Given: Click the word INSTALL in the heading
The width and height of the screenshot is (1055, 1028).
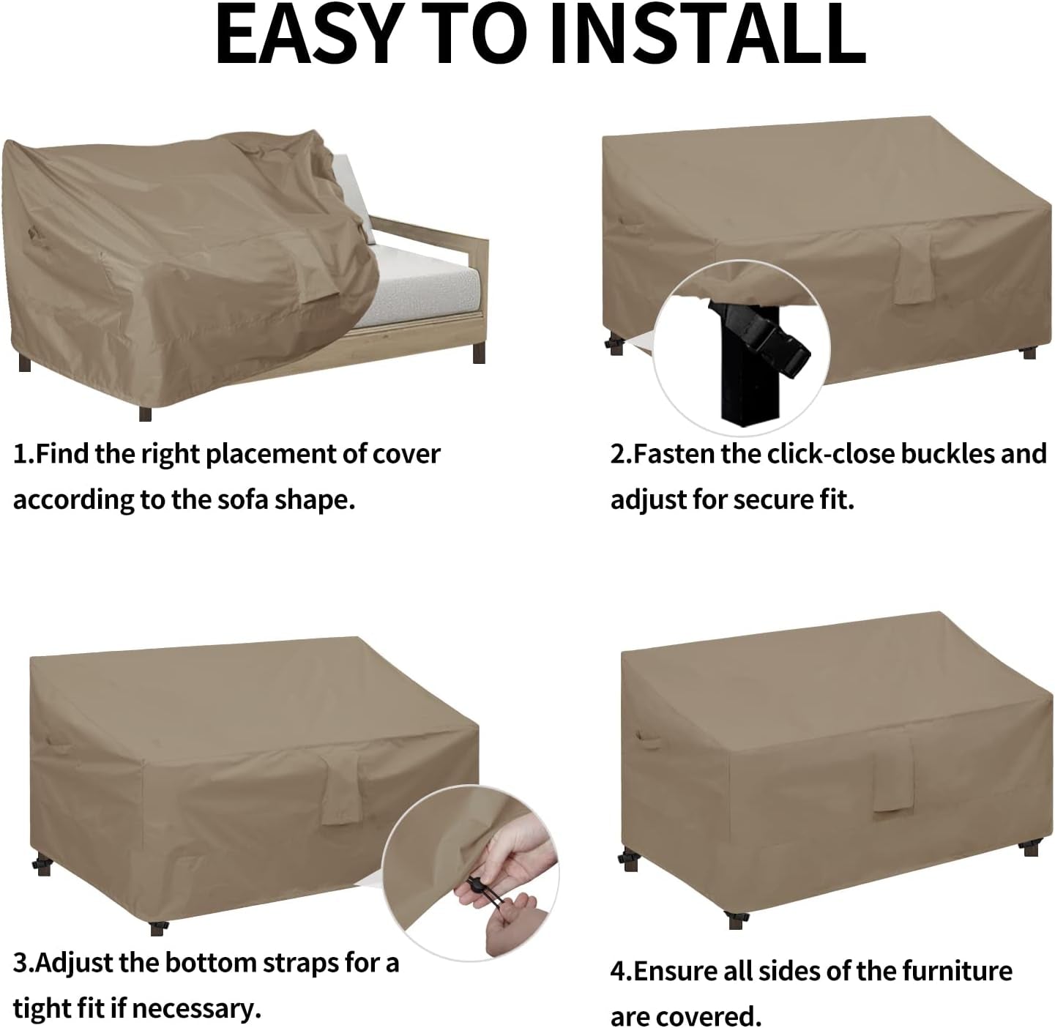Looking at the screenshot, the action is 709,34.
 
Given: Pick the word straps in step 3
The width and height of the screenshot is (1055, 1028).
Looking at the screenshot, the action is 299,963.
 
